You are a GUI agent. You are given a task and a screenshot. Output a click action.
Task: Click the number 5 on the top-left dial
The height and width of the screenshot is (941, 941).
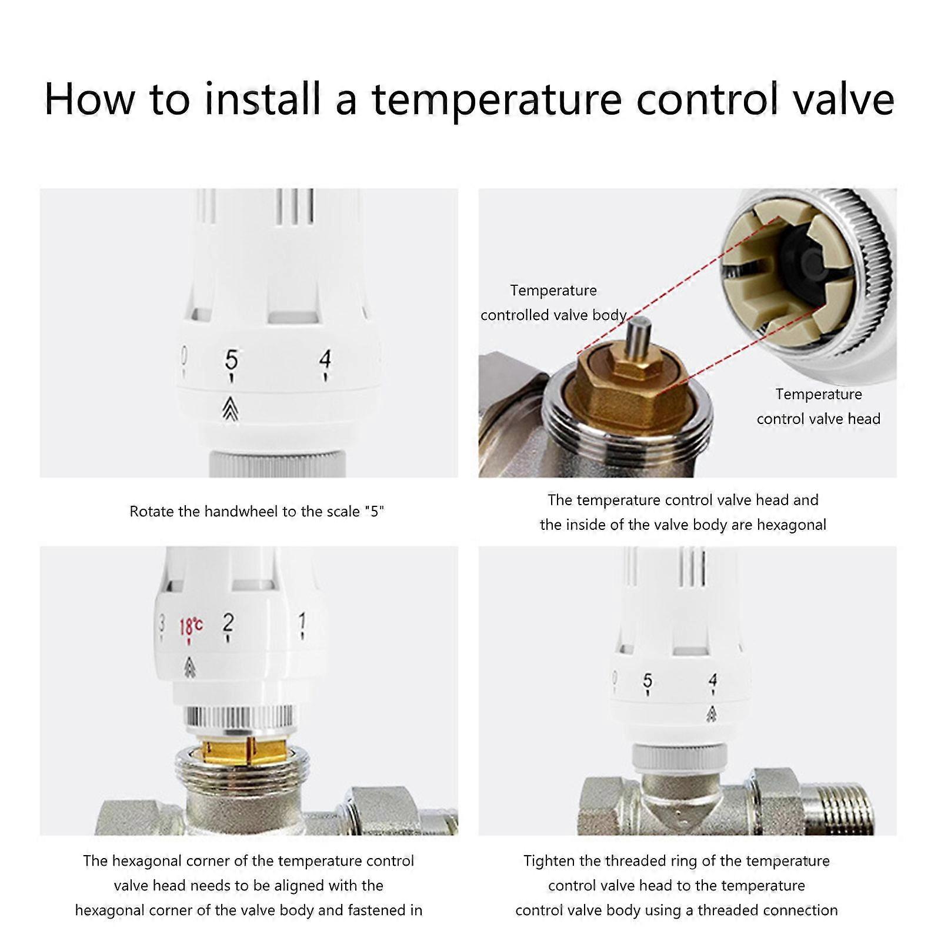coord(232,360)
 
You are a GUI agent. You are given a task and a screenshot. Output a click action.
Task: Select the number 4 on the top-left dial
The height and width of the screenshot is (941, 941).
coord(325,360)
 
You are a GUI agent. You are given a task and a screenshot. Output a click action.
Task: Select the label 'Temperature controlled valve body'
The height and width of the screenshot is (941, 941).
coord(553,303)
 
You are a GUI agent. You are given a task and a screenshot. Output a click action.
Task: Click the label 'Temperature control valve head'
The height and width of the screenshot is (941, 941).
coord(819,406)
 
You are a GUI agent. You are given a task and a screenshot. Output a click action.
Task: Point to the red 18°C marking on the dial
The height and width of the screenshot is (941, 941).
coord(191,626)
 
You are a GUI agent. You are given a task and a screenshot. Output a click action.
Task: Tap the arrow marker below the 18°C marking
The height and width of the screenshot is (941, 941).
coord(189,667)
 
